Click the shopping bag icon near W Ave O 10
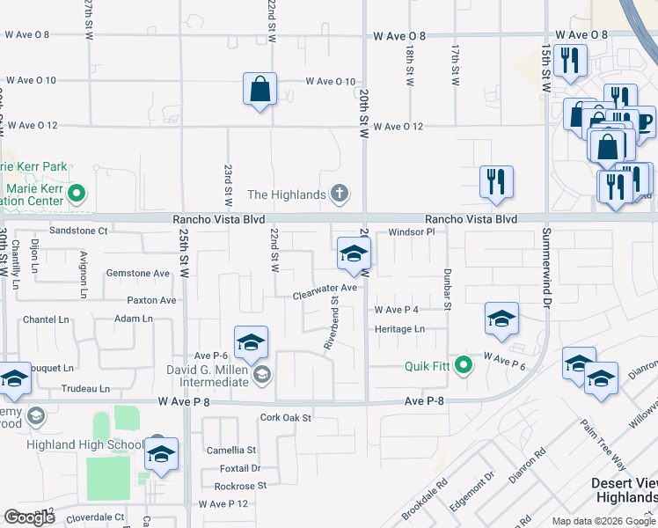260,90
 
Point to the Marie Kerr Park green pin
77,191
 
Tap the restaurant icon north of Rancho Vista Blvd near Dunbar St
496,183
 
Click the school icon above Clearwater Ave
354,255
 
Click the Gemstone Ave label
137,274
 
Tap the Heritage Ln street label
399,329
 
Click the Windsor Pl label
412,232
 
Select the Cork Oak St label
286,418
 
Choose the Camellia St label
230,450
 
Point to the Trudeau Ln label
85,388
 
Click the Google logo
29,517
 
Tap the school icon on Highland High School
161,454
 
